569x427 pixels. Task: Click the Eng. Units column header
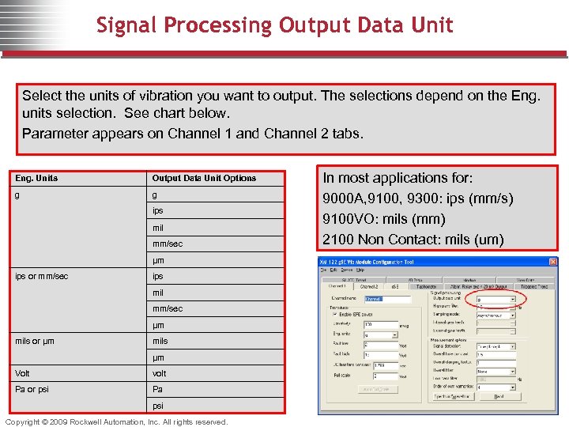[x=36, y=178]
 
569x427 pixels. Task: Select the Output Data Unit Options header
[x=204, y=178]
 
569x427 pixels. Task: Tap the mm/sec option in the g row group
[x=167, y=244]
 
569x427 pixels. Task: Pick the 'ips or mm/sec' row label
[x=42, y=276]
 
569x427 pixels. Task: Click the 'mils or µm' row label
[x=35, y=341]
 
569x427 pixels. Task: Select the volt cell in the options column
[x=160, y=373]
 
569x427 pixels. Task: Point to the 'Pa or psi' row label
[x=32, y=389]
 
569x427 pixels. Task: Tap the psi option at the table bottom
[x=158, y=406]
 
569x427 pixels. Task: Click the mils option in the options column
[x=160, y=341]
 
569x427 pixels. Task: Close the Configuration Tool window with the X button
[x=552, y=262]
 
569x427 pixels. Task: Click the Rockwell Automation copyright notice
[x=117, y=421]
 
